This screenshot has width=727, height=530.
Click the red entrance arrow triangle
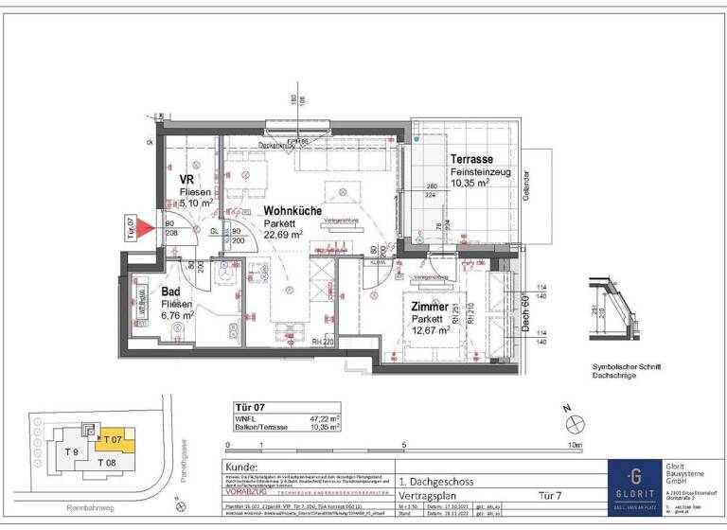[143, 227]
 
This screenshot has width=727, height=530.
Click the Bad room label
[171, 292]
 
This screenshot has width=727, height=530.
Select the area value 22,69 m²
[283, 234]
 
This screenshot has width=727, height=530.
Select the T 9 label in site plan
[71, 452]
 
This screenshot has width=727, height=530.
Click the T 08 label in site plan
[106, 463]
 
